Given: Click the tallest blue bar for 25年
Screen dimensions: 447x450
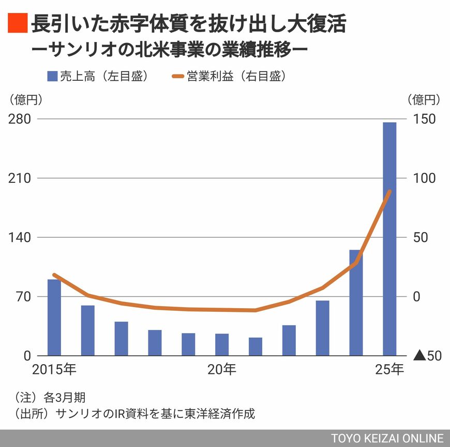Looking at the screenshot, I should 389,238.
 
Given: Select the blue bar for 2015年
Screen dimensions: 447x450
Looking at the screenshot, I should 54,317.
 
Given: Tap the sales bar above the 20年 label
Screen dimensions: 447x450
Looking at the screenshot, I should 222,344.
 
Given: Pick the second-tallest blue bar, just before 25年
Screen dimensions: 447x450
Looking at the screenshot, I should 356,302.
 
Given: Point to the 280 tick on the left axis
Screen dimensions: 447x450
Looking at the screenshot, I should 19,119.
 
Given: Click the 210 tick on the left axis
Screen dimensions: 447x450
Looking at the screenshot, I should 19,178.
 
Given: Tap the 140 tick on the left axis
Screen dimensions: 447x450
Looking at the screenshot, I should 19,237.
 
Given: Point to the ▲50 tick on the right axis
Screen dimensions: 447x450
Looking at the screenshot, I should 427,356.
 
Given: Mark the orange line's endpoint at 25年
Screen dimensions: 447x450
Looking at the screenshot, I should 389,192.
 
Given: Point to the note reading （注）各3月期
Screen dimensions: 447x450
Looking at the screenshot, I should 50,398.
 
